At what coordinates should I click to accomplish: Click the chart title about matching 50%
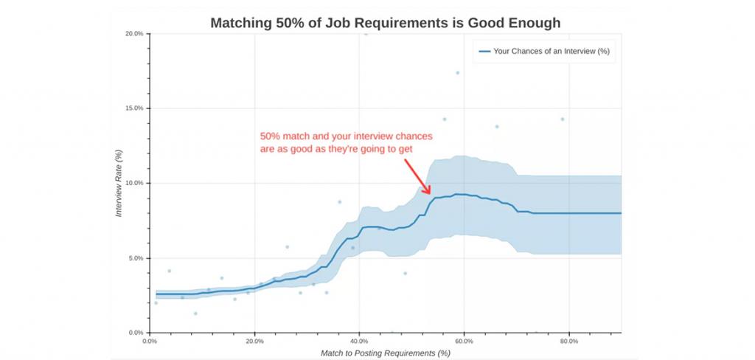(x=385, y=23)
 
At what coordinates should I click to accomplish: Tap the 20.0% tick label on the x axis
(x=254, y=342)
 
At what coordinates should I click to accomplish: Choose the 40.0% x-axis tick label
(x=359, y=342)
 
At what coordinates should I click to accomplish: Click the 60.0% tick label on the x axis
(x=464, y=342)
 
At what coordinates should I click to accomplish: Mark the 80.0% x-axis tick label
(x=568, y=342)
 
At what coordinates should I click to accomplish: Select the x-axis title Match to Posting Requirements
(x=385, y=353)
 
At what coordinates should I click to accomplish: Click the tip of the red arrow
(x=431, y=194)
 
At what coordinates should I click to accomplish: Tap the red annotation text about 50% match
(x=346, y=142)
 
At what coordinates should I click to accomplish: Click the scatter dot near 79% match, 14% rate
(x=563, y=119)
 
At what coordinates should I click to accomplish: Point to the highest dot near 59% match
(x=457, y=73)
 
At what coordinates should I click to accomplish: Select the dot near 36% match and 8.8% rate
(x=339, y=201)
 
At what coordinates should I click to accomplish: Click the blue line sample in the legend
(x=484, y=51)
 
